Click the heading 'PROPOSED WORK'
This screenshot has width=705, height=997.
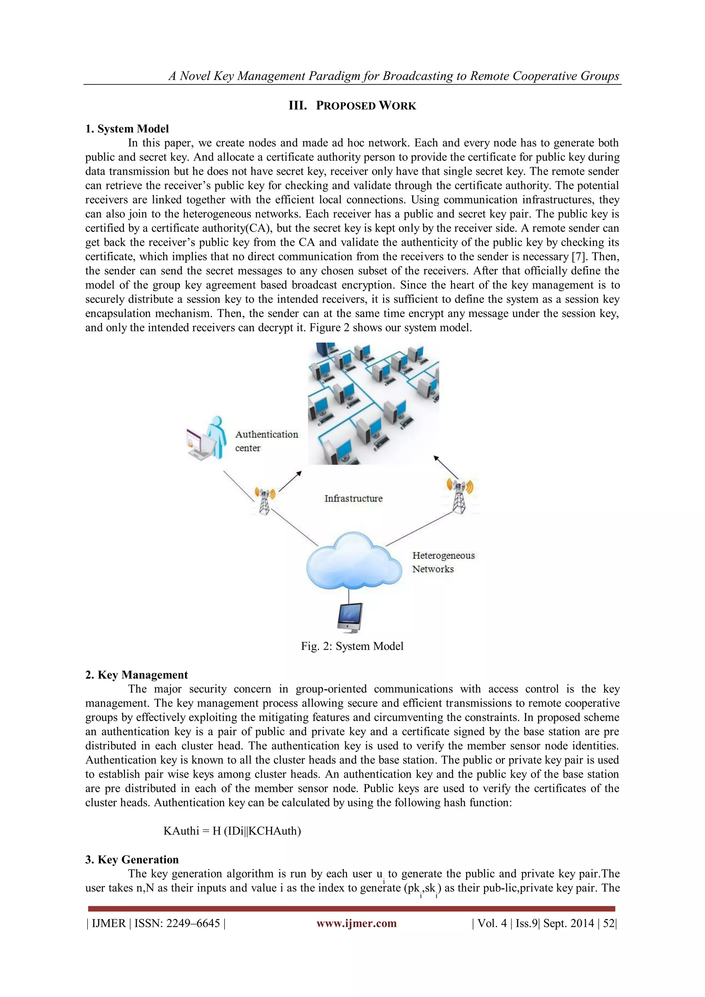pos(366,106)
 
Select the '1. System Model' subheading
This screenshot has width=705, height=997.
pos(127,129)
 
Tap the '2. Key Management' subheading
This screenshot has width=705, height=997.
pos(136,675)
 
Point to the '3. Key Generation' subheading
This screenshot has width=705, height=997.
pos(132,859)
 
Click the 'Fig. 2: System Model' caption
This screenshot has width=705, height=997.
pos(352,646)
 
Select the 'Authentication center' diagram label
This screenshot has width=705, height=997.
pos(266,441)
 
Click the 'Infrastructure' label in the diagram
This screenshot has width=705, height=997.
pos(354,498)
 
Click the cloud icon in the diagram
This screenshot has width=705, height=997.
pos(352,560)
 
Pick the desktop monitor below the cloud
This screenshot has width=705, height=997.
pos(350,618)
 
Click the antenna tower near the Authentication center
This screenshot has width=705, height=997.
pos(264,500)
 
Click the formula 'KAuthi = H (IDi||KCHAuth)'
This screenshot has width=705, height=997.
pos(232,831)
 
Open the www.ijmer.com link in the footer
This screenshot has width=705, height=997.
pos(356,923)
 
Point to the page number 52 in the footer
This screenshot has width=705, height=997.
pos(609,923)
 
